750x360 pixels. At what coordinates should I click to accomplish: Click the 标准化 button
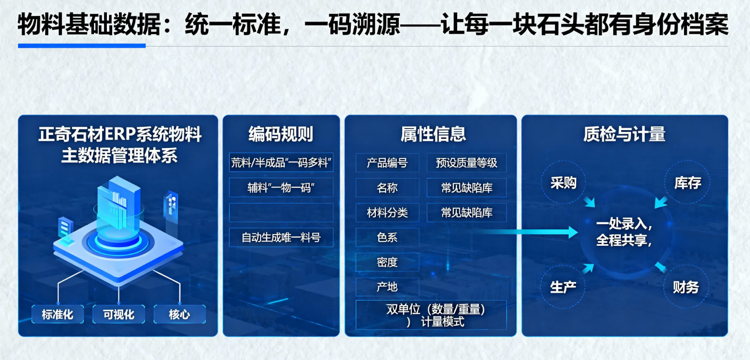click(57, 315)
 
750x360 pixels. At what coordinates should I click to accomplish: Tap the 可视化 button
click(118, 315)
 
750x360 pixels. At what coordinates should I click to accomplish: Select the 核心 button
click(179, 315)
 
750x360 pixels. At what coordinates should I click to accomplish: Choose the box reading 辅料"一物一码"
click(281, 187)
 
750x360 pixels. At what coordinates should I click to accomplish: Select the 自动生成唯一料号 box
click(281, 237)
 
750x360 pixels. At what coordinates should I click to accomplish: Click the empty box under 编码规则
click(281, 213)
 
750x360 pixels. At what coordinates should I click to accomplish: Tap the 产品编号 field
click(387, 163)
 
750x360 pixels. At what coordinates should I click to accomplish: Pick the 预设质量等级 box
click(466, 163)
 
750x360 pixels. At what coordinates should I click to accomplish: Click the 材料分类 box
click(387, 213)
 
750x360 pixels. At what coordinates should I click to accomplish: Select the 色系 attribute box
click(387, 238)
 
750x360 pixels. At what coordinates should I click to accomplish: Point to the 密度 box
click(387, 262)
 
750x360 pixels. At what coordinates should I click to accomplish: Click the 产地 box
click(387, 287)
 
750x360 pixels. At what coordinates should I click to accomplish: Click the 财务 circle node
click(685, 288)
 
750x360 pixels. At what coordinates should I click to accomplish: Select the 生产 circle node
click(563, 288)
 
